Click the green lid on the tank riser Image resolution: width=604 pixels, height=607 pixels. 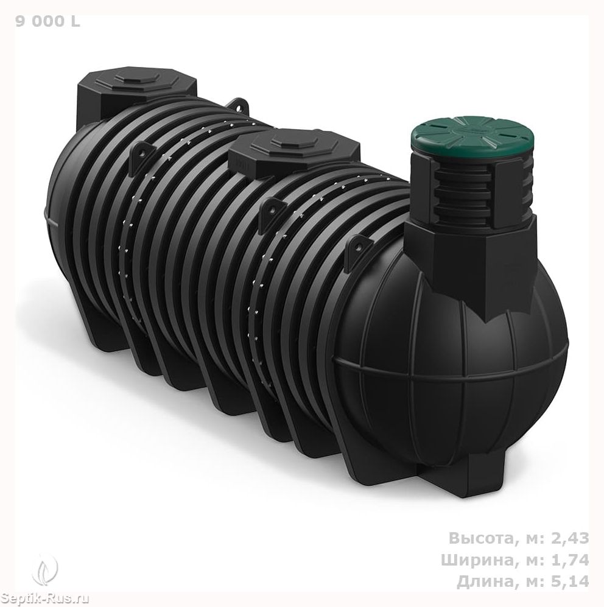pyautogui.click(x=472, y=140)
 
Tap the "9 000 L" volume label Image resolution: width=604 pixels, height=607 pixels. pyautogui.click(x=47, y=22)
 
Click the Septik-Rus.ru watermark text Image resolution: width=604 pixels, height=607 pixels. pyautogui.click(x=44, y=599)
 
